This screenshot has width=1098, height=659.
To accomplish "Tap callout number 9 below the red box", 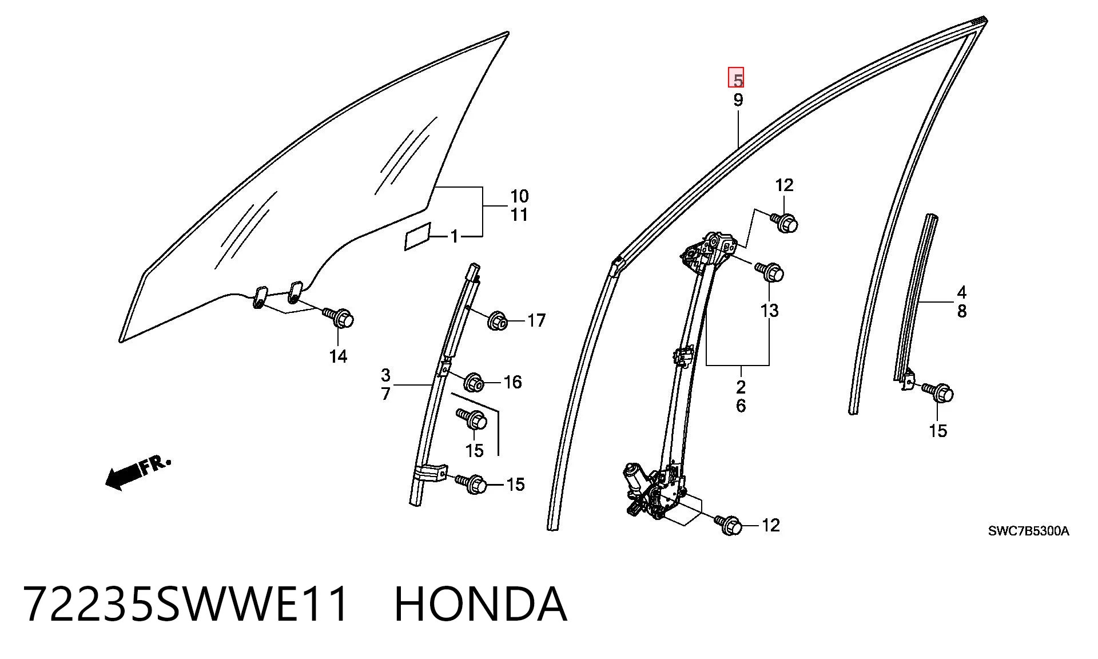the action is [x=738, y=100].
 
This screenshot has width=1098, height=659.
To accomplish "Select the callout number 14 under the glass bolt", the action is [x=338, y=356].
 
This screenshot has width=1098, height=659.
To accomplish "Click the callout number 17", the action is [x=536, y=320].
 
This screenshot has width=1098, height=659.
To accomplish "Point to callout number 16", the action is [x=513, y=382].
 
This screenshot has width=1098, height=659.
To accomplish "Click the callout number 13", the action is [x=769, y=311].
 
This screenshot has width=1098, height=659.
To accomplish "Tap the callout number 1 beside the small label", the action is [x=455, y=236].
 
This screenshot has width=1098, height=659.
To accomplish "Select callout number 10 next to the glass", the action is [x=519, y=196].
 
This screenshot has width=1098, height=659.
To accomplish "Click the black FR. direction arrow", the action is [x=138, y=471].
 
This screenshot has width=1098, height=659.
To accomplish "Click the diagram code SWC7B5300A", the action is [x=1028, y=531].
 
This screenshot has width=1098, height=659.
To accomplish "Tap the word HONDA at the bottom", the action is [x=480, y=604].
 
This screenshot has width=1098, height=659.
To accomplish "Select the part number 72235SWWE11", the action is [x=185, y=604].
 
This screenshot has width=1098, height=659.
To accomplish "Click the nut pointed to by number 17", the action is [x=496, y=321].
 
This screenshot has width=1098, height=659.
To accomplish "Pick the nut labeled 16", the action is [x=474, y=382].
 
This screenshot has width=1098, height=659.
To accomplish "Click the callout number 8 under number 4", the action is [x=962, y=311].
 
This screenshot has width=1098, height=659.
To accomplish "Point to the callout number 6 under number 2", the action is [x=741, y=406].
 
